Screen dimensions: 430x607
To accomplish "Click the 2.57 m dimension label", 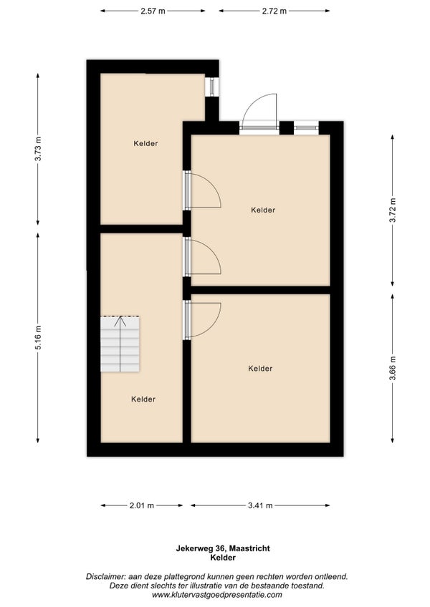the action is (x=153, y=11).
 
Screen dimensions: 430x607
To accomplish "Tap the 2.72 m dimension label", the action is (x=274, y=11).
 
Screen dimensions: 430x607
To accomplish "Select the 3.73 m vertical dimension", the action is (x=38, y=149).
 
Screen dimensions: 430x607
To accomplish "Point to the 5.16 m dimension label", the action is (x=38, y=338).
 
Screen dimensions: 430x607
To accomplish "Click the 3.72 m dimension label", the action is (x=393, y=210).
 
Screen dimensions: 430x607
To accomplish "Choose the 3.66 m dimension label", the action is (x=393, y=368).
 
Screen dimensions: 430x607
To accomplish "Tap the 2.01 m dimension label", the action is (x=141, y=505).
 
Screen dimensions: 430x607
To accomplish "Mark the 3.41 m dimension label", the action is (x=260, y=505).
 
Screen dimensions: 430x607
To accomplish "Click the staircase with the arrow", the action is (x=120, y=344).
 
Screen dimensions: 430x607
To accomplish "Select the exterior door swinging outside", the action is (x=259, y=112).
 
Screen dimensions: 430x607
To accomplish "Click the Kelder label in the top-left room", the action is (x=145, y=144).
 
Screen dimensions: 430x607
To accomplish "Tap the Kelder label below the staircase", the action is (x=143, y=399).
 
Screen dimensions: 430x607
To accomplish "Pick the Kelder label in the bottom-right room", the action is (x=260, y=369).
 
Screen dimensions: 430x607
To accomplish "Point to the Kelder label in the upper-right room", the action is (x=263, y=210).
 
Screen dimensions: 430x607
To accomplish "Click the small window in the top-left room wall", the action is (x=212, y=87).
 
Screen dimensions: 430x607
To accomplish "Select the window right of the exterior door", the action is (x=306, y=127).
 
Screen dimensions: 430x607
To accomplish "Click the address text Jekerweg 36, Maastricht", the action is (x=223, y=548).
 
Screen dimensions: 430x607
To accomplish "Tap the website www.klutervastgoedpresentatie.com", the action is (x=216, y=595).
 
